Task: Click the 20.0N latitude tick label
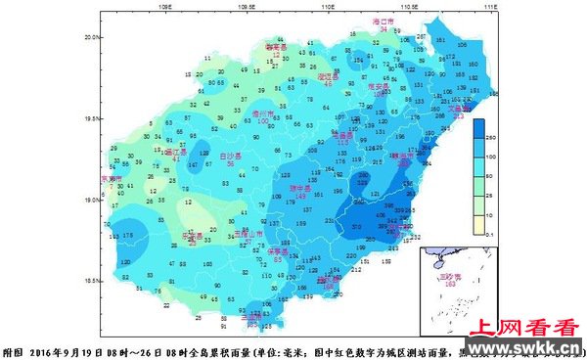[90, 36]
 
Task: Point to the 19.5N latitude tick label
[90, 118]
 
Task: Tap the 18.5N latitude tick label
[90, 282]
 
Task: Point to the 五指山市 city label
[247, 235]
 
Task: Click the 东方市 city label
[112, 179]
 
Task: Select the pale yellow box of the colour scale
[479, 226]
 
